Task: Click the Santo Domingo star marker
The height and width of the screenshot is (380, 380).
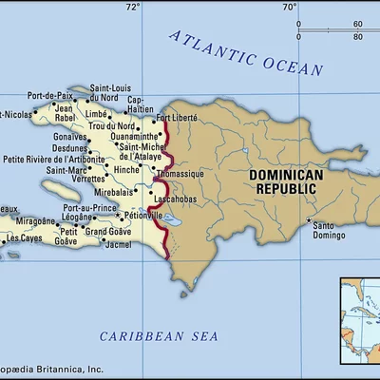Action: coord(310,222)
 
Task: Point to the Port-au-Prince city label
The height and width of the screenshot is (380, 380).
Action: coord(90,207)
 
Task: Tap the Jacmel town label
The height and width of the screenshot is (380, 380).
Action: coord(119,245)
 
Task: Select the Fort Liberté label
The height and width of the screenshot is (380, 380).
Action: coord(178,118)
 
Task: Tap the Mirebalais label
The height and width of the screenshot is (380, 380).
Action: coord(114,191)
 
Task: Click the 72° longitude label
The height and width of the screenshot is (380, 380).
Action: coord(133,7)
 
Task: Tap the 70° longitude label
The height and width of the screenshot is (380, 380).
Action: coord(289,7)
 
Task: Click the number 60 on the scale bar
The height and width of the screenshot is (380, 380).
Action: coord(358,24)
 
